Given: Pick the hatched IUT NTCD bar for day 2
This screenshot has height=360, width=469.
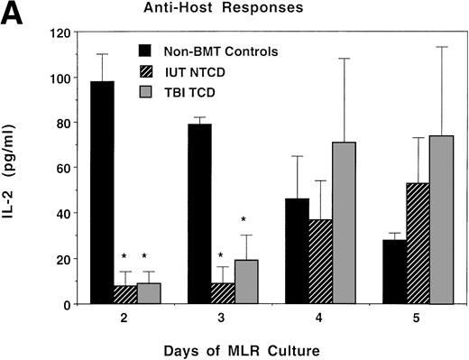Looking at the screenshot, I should coord(124,294).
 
